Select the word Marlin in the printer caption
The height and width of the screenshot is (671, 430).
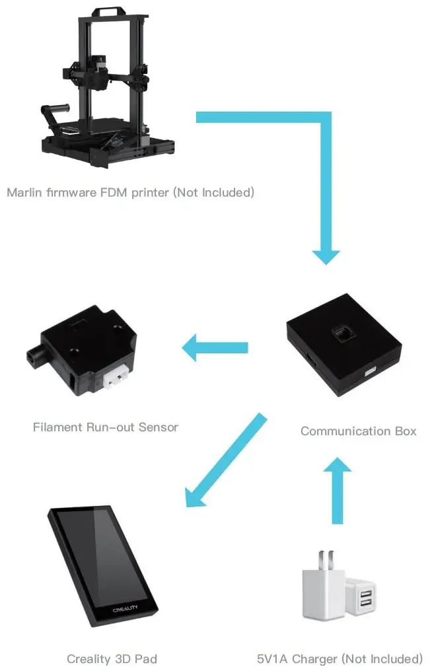pyautogui.click(x=24, y=193)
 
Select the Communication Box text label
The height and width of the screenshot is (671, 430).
pyautogui.click(x=358, y=431)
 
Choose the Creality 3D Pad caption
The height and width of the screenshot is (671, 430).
pyautogui.click(x=112, y=658)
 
